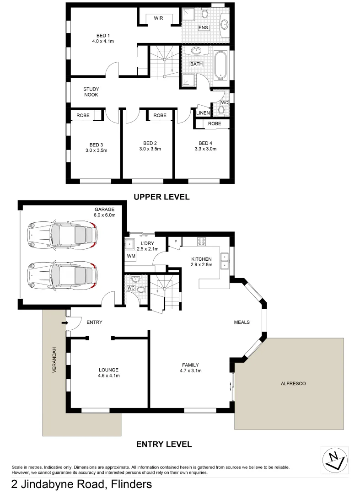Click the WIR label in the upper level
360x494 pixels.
click(159, 18)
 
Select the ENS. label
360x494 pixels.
click(204, 28)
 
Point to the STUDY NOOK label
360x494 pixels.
click(91, 92)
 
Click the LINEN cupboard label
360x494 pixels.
click(203, 113)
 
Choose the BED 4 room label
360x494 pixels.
click(205, 146)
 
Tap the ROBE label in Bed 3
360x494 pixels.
click(83, 116)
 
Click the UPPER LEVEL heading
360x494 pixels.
click(161, 197)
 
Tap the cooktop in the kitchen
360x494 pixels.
click(202, 241)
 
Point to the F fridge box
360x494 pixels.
click(175, 242)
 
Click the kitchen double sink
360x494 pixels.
click(225, 261)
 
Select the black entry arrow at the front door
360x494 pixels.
click(64, 324)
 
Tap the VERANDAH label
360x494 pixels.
click(54, 360)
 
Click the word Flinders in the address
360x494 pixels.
click(130, 483)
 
